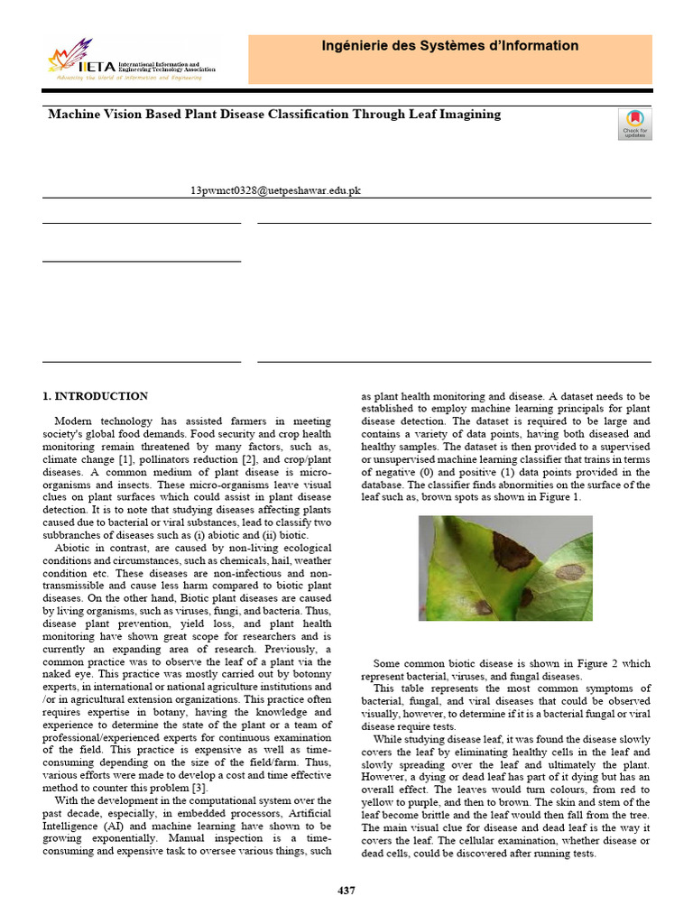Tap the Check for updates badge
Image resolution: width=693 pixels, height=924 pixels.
[x=634, y=124]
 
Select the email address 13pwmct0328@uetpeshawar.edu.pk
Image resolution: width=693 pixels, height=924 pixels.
[x=276, y=191]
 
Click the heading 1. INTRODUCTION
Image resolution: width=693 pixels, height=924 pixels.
[x=96, y=396]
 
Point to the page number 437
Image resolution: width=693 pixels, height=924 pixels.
[x=346, y=891]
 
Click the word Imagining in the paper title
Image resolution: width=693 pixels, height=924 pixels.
[x=467, y=115]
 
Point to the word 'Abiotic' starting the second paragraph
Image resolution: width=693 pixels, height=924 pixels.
[x=74, y=548]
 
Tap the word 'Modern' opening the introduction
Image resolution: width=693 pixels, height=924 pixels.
[x=73, y=421]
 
